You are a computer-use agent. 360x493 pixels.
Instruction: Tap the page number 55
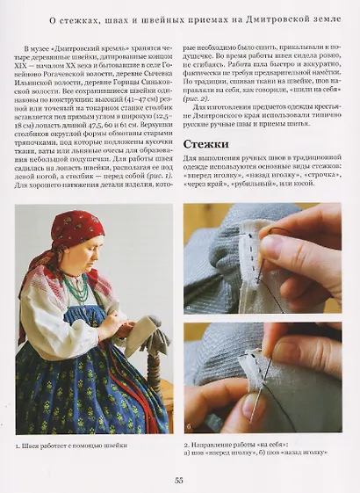point(179,480)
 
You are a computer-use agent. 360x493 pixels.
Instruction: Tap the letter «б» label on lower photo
point(190,425)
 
